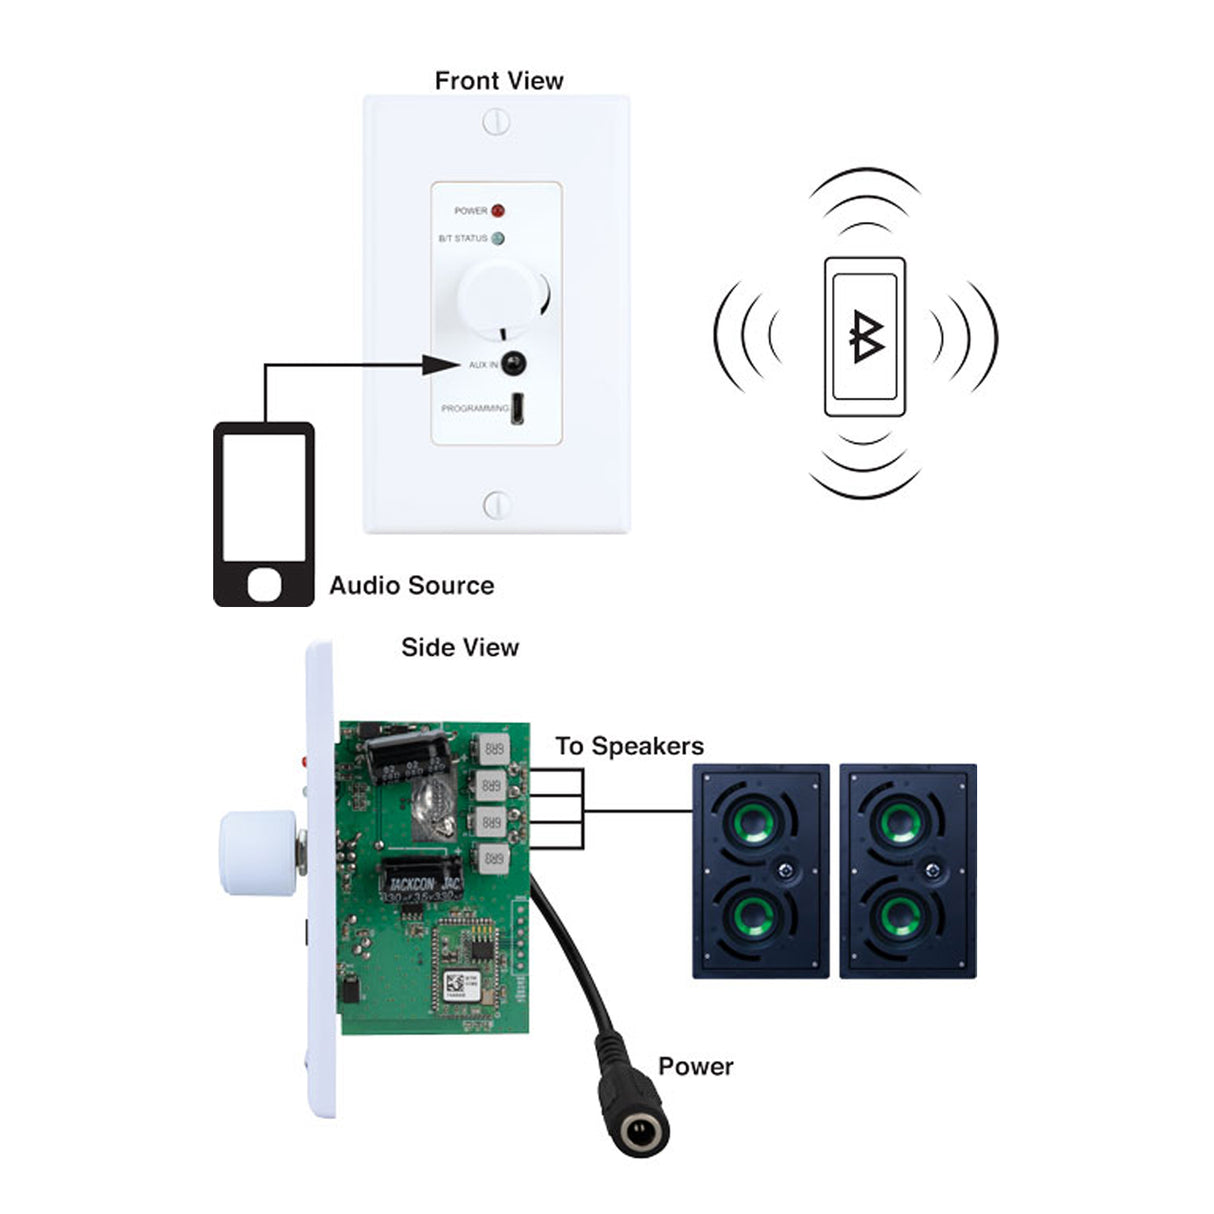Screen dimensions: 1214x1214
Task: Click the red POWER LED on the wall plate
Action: click(497, 211)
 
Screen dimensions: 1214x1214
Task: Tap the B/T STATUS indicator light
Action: click(498, 239)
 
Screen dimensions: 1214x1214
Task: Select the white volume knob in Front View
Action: click(494, 295)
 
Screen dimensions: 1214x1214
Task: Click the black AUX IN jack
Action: click(514, 364)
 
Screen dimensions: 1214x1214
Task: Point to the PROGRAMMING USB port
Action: click(519, 409)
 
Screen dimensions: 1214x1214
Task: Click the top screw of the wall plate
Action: click(496, 123)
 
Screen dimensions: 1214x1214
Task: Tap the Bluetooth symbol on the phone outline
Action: click(865, 337)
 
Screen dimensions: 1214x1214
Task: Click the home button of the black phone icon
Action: click(264, 584)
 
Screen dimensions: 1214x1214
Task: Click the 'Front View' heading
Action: click(498, 81)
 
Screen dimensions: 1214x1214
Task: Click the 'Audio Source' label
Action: click(411, 586)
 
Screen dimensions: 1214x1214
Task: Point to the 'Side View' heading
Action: click(460, 648)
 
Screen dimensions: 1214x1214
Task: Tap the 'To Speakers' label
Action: click(629, 746)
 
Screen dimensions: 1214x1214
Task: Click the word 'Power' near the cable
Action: click(695, 1067)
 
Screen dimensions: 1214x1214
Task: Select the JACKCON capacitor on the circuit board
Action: click(421, 879)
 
